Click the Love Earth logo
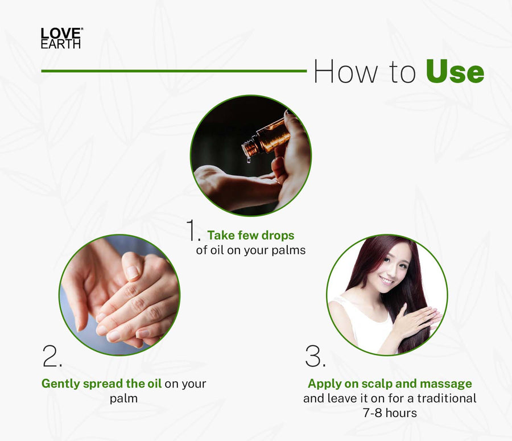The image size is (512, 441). click(x=61, y=38)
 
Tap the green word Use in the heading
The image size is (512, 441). click(x=455, y=71)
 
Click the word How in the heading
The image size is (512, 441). click(x=346, y=71)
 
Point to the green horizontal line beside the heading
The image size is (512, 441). click(x=174, y=71)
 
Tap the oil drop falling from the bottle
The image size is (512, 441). click(x=249, y=160)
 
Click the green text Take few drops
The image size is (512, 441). click(x=251, y=235)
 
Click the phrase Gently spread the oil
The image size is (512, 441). click(x=102, y=384)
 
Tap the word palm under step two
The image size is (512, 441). click(x=123, y=399)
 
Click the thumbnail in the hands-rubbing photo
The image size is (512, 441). click(x=133, y=272)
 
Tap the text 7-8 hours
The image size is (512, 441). click(x=390, y=413)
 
